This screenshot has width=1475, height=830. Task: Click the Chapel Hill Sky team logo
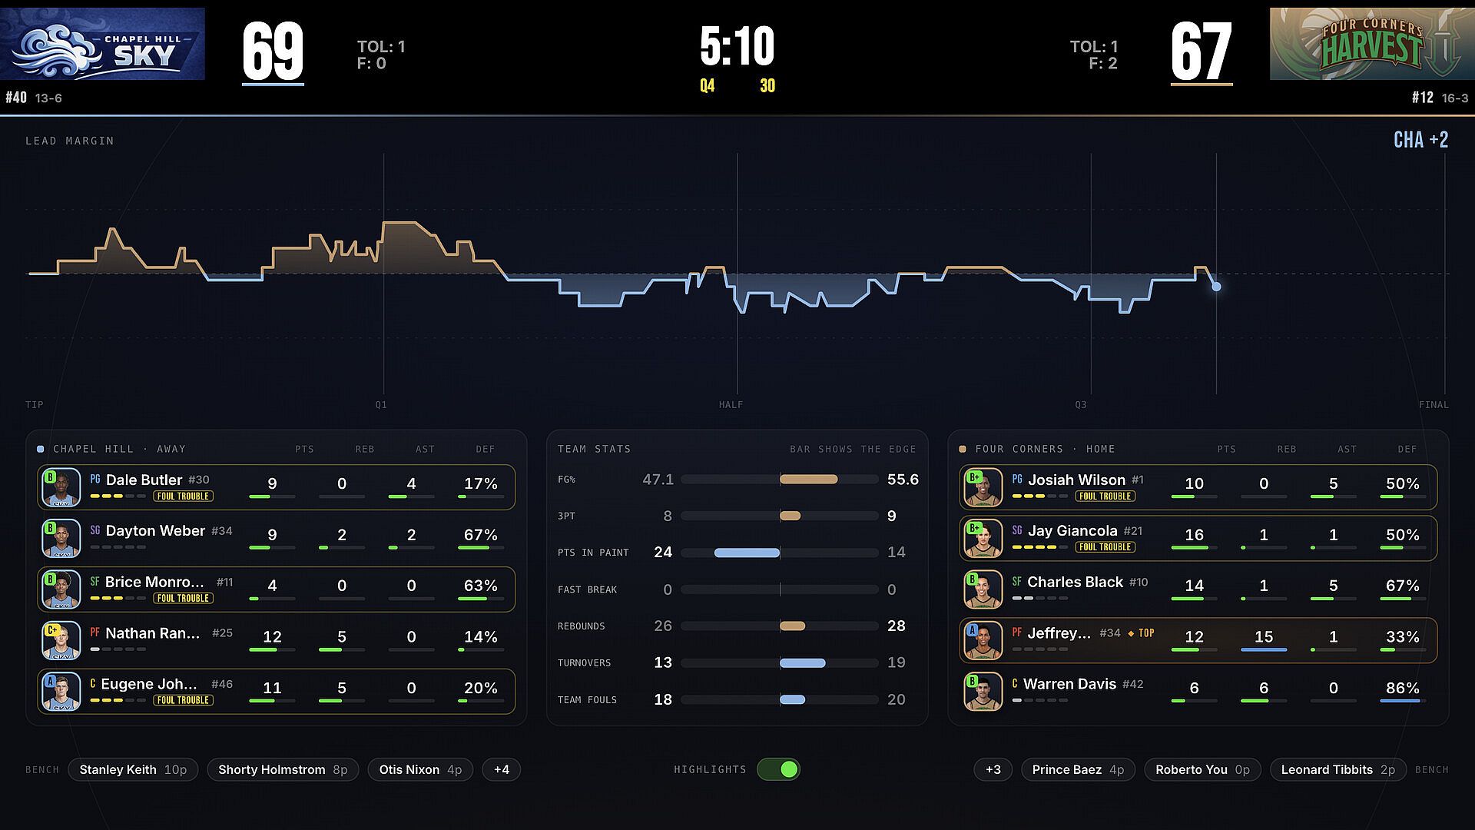tap(102, 44)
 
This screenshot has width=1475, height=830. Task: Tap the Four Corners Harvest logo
tap(1372, 44)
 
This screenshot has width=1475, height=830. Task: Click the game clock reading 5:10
tap(737, 46)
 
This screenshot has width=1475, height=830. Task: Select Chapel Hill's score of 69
tap(273, 51)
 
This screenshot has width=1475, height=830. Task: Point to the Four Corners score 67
tap(1202, 51)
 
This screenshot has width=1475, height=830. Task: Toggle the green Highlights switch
tap(778, 769)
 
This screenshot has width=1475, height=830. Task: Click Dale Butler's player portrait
tap(61, 487)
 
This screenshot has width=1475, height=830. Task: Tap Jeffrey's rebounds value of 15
tap(1264, 636)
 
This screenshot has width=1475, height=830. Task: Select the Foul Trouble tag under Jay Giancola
tap(1105, 547)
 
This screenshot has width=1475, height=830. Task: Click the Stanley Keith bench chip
tap(133, 769)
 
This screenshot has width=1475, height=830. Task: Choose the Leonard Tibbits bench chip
tap(1337, 769)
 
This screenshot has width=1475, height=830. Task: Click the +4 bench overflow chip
tap(502, 769)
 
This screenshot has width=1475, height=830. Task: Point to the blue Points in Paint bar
tap(747, 553)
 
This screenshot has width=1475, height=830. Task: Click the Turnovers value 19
tap(896, 662)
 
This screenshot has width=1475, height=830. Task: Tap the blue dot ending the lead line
tap(1216, 287)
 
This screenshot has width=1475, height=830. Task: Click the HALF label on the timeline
tap(731, 405)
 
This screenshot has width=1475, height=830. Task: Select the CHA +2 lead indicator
tap(1420, 140)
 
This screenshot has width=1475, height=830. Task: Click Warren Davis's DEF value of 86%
tap(1402, 688)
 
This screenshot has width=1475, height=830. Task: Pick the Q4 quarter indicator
tap(707, 86)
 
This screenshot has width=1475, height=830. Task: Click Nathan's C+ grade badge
tap(52, 630)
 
